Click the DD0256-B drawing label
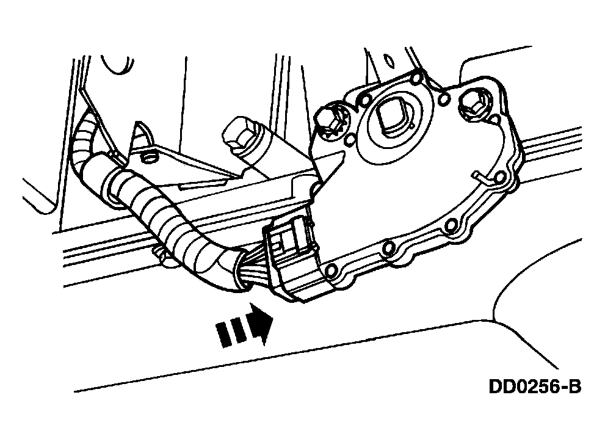(535, 386)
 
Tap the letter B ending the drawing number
(575, 386)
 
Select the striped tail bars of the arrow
(231, 332)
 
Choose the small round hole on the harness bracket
(147, 157)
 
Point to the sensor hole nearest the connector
(331, 271)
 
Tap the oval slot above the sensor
(388, 60)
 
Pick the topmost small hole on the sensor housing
(416, 79)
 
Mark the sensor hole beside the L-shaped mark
(499, 178)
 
